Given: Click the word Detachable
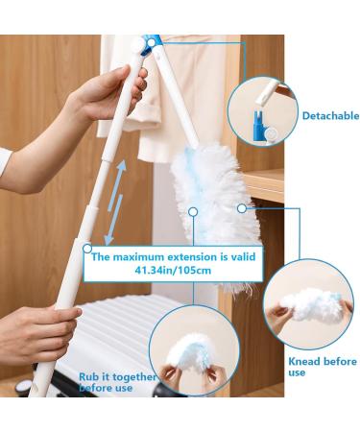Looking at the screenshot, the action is [330, 115].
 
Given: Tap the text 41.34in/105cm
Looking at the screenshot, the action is [173, 271].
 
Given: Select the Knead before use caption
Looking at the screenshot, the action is [323, 367].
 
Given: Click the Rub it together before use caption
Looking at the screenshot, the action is [117, 382].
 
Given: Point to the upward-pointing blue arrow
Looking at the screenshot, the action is [118, 185].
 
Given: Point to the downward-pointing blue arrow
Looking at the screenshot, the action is [114, 220].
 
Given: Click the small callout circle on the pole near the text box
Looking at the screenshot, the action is [87, 249].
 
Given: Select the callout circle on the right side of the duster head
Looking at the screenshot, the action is [242, 208].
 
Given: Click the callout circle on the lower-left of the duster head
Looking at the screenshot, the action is [193, 211].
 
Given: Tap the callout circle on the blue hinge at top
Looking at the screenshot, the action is [152, 42].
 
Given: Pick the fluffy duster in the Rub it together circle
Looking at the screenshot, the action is [190, 352].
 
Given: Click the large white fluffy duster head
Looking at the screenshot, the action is [214, 208].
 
